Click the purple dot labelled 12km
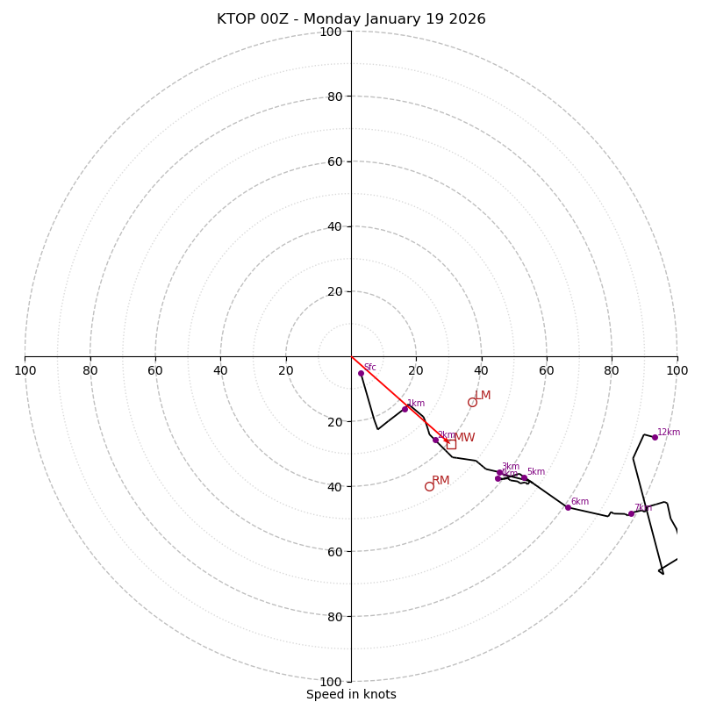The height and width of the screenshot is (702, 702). tap(655, 437)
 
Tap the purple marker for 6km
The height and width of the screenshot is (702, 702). tap(568, 507)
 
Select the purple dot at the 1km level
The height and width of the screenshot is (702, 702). tap(405, 409)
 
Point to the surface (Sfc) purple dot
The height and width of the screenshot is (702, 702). tap(361, 373)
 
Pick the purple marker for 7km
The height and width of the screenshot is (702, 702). tap(631, 513)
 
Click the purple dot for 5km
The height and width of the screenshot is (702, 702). tap(524, 478)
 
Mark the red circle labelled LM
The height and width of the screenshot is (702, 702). tap(472, 402)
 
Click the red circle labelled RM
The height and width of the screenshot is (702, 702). tap(429, 486)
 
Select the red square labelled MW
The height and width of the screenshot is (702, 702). tap(451, 444)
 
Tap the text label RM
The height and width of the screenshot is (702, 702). tap(441, 480)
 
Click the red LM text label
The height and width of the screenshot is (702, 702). tap(484, 396)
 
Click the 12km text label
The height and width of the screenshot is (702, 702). tap(669, 432)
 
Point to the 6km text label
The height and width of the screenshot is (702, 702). tap(580, 502)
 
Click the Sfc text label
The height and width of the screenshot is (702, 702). tap(369, 368)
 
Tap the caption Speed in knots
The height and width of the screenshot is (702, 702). tap(351, 694)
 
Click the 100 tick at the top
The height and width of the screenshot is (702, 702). tap(331, 32)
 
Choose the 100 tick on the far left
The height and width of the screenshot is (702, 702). tap(25, 370)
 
